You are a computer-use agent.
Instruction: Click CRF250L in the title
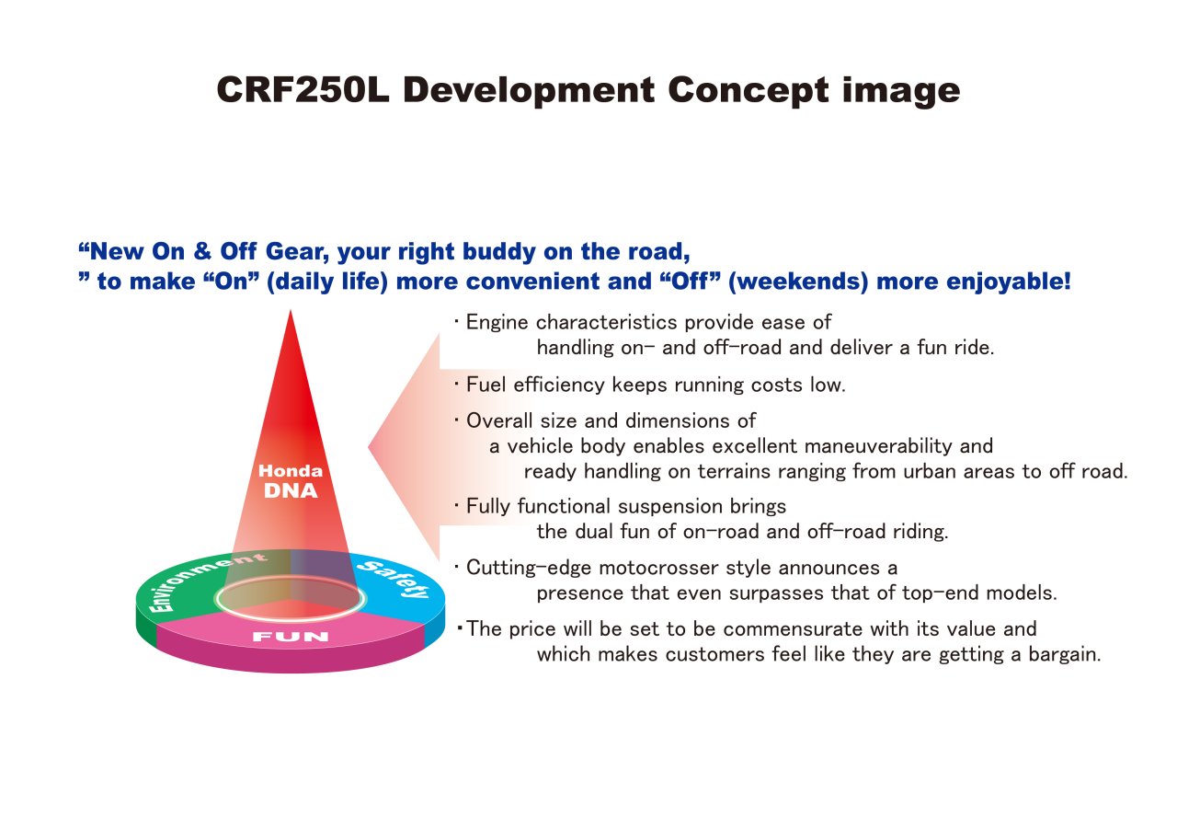[303, 90]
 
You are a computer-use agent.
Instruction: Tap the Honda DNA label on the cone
[291, 481]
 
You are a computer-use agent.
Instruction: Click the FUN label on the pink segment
[291, 637]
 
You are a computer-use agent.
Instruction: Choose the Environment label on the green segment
[205, 580]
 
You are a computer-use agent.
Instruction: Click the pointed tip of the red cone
[291, 311]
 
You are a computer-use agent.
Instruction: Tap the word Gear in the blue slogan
[297, 252]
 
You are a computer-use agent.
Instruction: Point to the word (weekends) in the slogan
[798, 282]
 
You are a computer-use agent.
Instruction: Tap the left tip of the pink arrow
[369, 447]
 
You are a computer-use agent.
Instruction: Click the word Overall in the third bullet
[499, 420]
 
